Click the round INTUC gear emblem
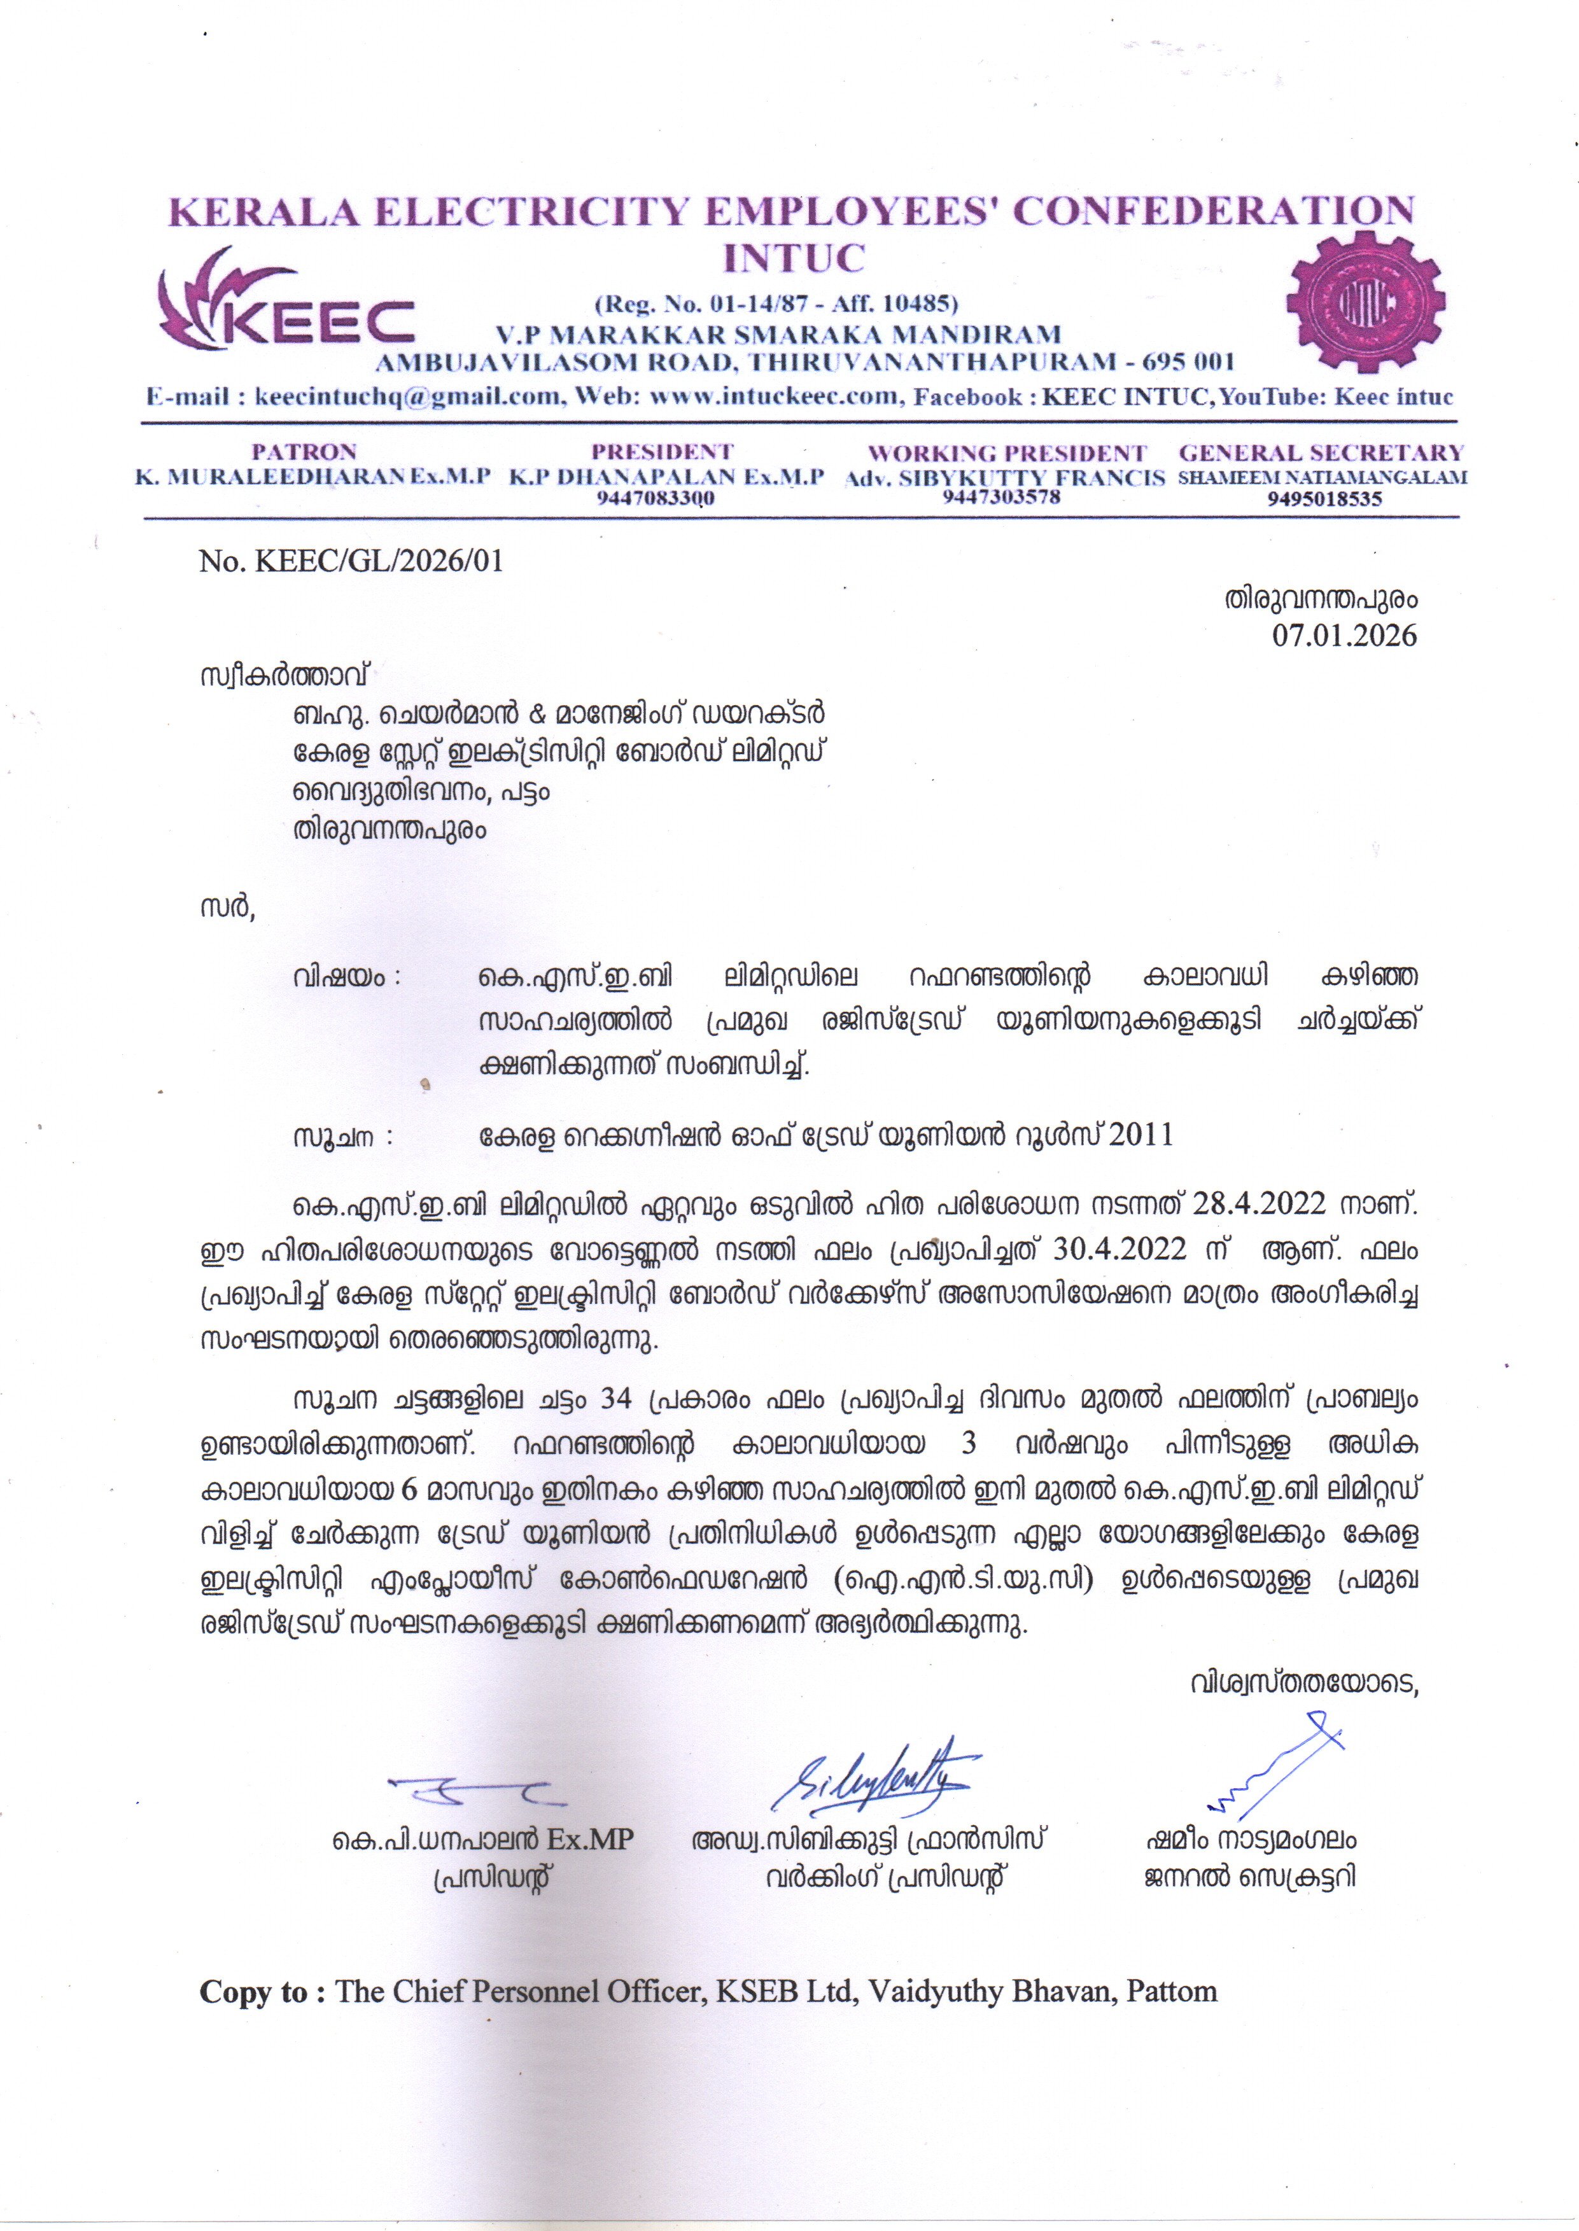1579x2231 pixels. (1365, 304)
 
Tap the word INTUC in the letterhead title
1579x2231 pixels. (794, 258)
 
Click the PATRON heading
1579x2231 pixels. (304, 452)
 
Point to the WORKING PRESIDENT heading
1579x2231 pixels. (1006, 453)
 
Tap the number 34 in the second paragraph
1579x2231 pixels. (617, 1399)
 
